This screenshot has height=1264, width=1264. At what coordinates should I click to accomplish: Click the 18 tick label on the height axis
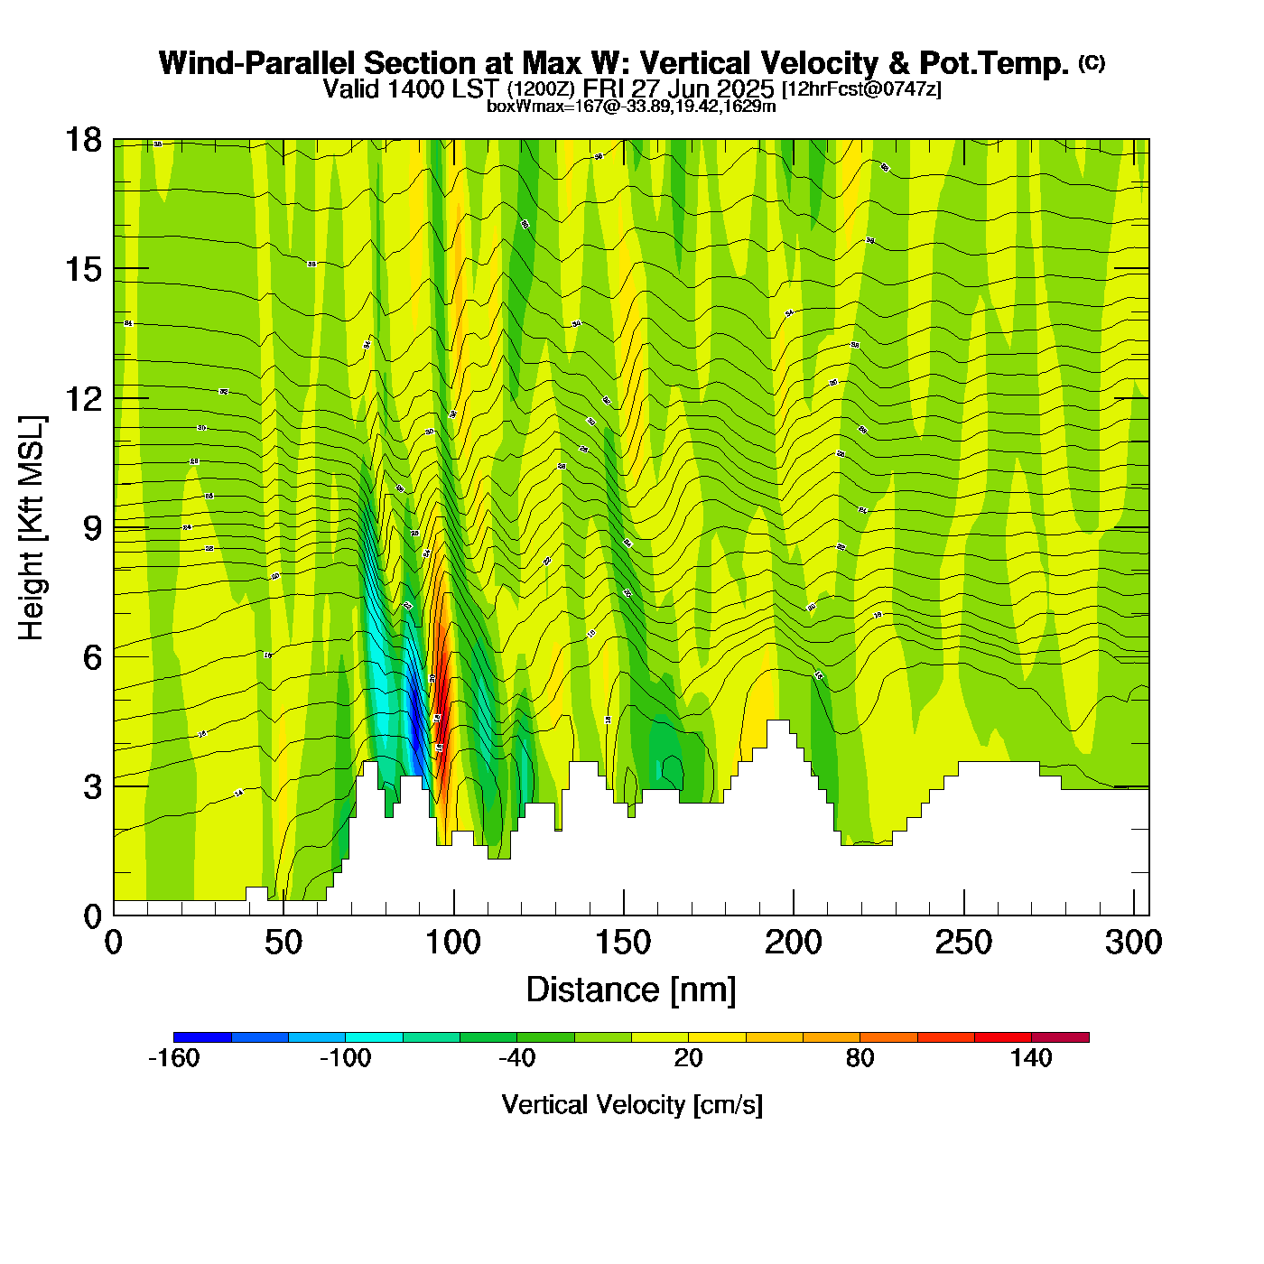(82, 140)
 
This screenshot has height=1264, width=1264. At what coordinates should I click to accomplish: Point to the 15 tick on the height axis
(82, 269)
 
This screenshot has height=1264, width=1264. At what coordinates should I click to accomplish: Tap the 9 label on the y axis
(92, 528)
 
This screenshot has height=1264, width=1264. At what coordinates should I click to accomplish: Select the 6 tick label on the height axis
(92, 657)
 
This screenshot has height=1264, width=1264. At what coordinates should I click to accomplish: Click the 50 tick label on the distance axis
(283, 943)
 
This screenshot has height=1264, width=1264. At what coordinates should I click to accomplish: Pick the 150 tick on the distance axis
(623, 943)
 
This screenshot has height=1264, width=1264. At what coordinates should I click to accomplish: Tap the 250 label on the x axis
(963, 943)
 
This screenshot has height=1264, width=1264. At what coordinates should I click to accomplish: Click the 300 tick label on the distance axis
(1133, 943)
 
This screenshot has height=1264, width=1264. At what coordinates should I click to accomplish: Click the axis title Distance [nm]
(631, 990)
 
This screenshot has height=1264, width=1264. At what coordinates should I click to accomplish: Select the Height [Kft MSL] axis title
(32, 528)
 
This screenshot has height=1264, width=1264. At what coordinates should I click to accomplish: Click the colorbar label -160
(173, 1058)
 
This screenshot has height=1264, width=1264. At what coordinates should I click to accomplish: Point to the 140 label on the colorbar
(1031, 1058)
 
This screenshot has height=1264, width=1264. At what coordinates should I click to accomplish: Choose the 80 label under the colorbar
(860, 1058)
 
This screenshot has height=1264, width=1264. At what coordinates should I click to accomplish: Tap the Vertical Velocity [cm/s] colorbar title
(632, 1104)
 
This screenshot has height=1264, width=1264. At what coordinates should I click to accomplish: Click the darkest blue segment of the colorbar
(202, 1036)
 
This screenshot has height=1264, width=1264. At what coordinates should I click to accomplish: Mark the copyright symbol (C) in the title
(1091, 62)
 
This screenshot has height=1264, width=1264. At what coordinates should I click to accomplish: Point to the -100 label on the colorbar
(345, 1058)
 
